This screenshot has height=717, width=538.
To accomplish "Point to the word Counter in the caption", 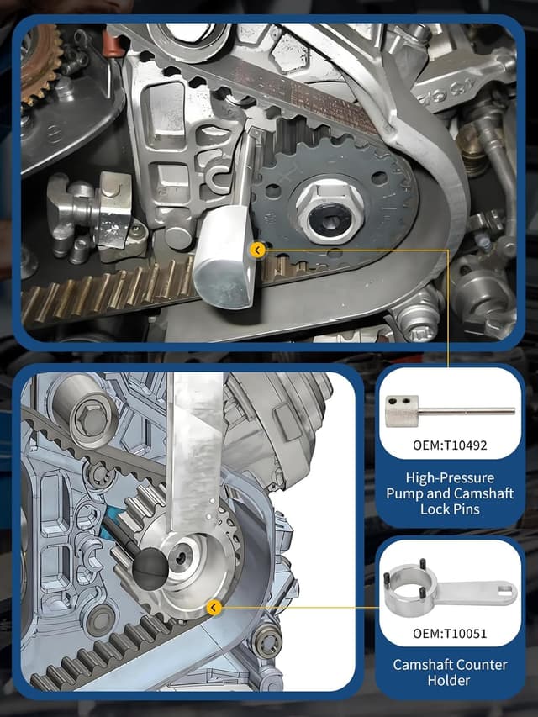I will pos(483,664).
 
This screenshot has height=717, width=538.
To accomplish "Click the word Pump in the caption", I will pos(404,493).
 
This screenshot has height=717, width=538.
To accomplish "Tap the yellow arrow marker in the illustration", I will pos(214,607).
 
